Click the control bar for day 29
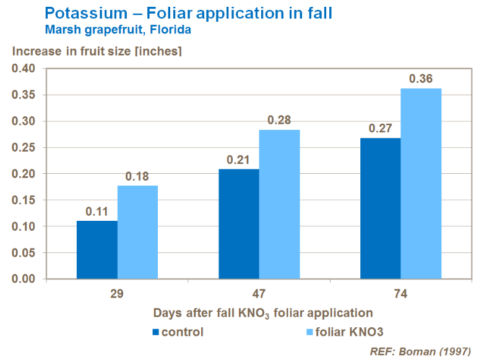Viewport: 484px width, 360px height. coord(97,250)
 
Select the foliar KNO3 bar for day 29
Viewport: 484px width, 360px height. coord(137,232)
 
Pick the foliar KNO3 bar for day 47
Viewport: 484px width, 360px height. coord(279,204)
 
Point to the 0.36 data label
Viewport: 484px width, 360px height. coord(421,79)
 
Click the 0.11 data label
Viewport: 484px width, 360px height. coord(97,211)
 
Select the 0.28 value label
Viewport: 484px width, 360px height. coord(279,120)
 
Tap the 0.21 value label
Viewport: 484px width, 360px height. coord(239,160)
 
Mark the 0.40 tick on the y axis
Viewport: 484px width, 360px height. coord(24,69)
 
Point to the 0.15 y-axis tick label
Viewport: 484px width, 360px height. coord(24,200)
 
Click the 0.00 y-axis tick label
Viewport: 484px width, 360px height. coord(24,279)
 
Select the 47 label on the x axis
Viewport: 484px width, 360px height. coord(259,294)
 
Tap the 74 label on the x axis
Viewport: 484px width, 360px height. coord(400,294)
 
